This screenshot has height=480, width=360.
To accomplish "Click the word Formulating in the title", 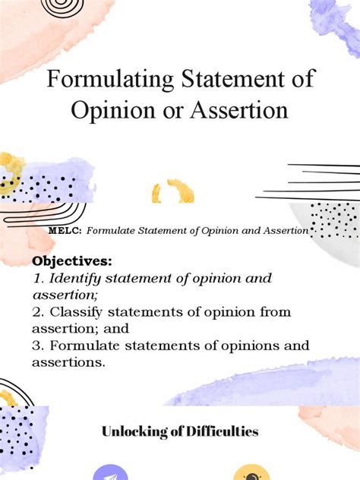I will pyautogui.click(x=102, y=79).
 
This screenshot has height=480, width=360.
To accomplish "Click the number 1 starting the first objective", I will pyautogui.click(x=35, y=278).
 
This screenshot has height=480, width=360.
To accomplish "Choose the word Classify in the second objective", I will pyautogui.click(x=77, y=312).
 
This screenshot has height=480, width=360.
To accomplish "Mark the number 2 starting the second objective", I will pyautogui.click(x=35, y=312).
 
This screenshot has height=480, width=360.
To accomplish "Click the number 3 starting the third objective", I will pyautogui.click(x=35, y=346).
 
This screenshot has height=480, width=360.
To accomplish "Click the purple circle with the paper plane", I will pyautogui.click(x=111, y=474).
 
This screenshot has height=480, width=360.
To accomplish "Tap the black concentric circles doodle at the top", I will pyautogui.click(x=64, y=8).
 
